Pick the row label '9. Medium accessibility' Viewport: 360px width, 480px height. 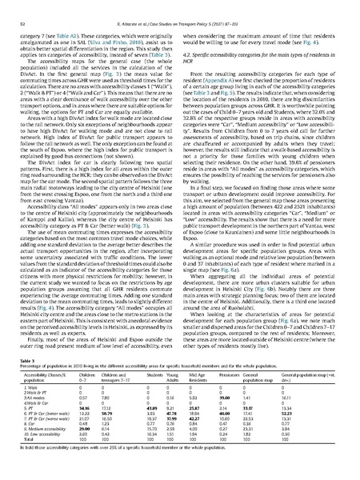(45, 450)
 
